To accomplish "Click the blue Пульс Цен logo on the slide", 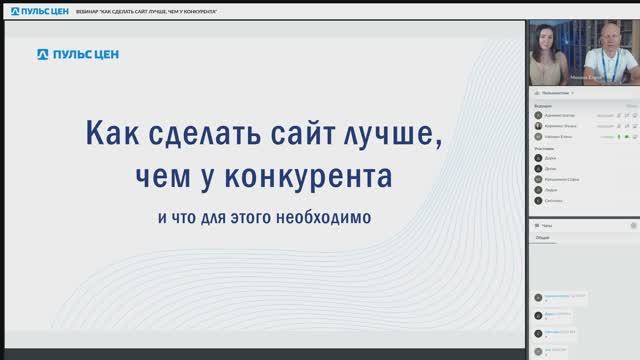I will (x=78, y=54).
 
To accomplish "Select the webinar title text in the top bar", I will (x=148, y=9).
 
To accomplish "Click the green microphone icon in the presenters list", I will (x=620, y=135).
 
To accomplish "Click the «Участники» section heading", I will (x=545, y=148).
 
